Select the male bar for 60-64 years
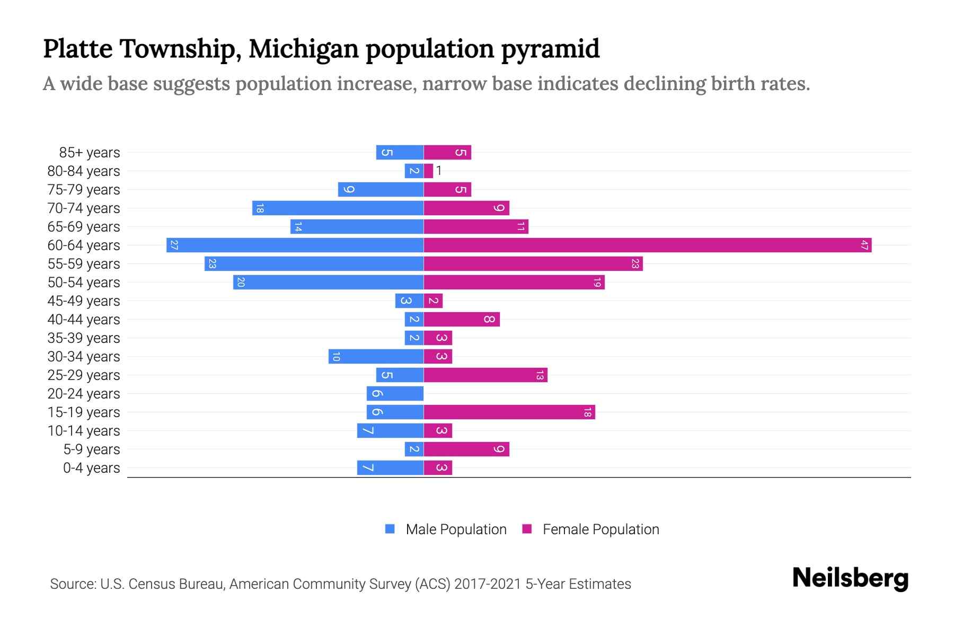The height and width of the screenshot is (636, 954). tap(295, 245)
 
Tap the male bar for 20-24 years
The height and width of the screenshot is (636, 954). tap(395, 394)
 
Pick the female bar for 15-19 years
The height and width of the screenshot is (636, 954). tap(509, 412)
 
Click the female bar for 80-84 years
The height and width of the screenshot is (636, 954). tap(428, 171)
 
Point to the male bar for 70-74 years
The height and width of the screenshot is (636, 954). tap(338, 208)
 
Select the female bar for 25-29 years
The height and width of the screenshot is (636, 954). tap(485, 375)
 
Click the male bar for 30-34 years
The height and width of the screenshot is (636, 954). tap(376, 357)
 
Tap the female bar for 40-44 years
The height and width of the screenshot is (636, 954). tap(461, 320)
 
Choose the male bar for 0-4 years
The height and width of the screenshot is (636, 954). tap(390, 468)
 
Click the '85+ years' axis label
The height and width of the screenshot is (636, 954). tap(90, 153)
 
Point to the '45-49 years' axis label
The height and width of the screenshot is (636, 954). tap(84, 301)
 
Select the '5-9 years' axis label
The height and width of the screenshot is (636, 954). tap(92, 449)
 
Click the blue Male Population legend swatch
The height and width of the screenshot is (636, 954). tap(390, 529)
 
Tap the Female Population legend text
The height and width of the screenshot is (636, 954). tap(600, 529)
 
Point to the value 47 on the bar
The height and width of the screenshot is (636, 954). tap(864, 245)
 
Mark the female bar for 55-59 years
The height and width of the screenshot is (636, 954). tap(533, 264)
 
